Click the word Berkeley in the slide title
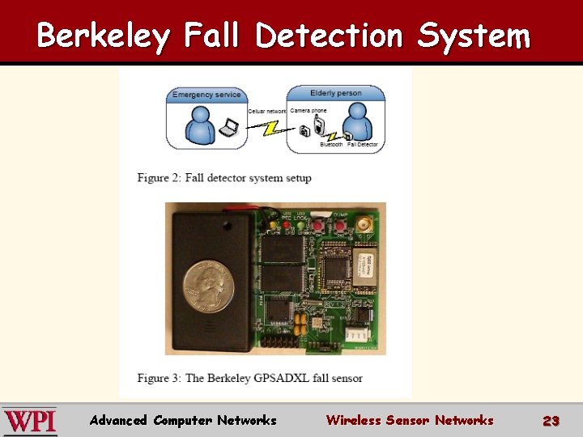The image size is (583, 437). pyautogui.click(x=104, y=36)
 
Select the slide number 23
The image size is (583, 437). pyautogui.click(x=551, y=421)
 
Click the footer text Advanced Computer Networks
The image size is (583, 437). pyautogui.click(x=183, y=420)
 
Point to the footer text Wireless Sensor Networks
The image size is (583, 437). pyautogui.click(x=409, y=420)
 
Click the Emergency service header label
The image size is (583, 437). pyautogui.click(x=206, y=95)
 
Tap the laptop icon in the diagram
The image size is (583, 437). pyautogui.click(x=231, y=127)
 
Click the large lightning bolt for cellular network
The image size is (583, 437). pyautogui.click(x=264, y=125)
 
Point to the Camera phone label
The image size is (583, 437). pyautogui.click(x=309, y=111)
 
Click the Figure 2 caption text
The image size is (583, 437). pyautogui.click(x=224, y=178)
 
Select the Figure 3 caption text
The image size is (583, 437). pyautogui.click(x=249, y=378)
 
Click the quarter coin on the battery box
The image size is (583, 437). pyautogui.click(x=208, y=285)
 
